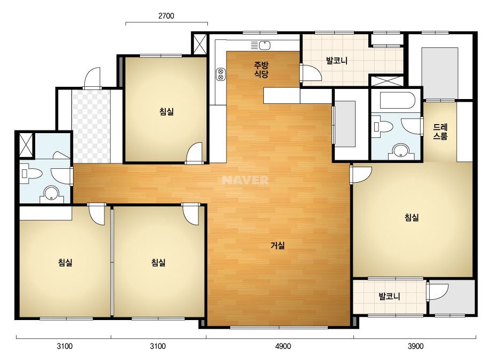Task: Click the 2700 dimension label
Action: pos(166,15)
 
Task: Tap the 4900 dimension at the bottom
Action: pos(283,346)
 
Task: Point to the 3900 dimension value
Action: pos(415,346)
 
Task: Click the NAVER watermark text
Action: pos(245,180)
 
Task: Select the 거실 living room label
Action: pos(278,245)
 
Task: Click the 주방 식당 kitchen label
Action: pos(261,70)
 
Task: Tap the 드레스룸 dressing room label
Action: pos(440,132)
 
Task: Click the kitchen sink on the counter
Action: pos(261,45)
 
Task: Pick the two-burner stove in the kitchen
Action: pos(221,74)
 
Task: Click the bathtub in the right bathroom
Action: pos(397,100)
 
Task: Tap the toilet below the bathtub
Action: pos(383,126)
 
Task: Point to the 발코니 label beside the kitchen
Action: pos(337,61)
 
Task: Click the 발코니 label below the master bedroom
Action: pos(390,296)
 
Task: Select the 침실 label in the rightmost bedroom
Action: pos(412,217)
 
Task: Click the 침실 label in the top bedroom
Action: pos(167,111)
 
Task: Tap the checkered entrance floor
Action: pos(91,126)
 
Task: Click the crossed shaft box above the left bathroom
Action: pos(26,145)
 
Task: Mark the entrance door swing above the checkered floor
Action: pos(92,78)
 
